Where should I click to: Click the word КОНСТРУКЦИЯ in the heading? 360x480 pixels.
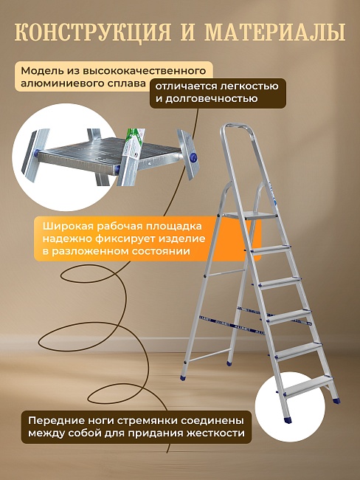[x=93, y=32]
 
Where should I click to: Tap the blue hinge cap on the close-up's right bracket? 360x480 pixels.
[x=194, y=157]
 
